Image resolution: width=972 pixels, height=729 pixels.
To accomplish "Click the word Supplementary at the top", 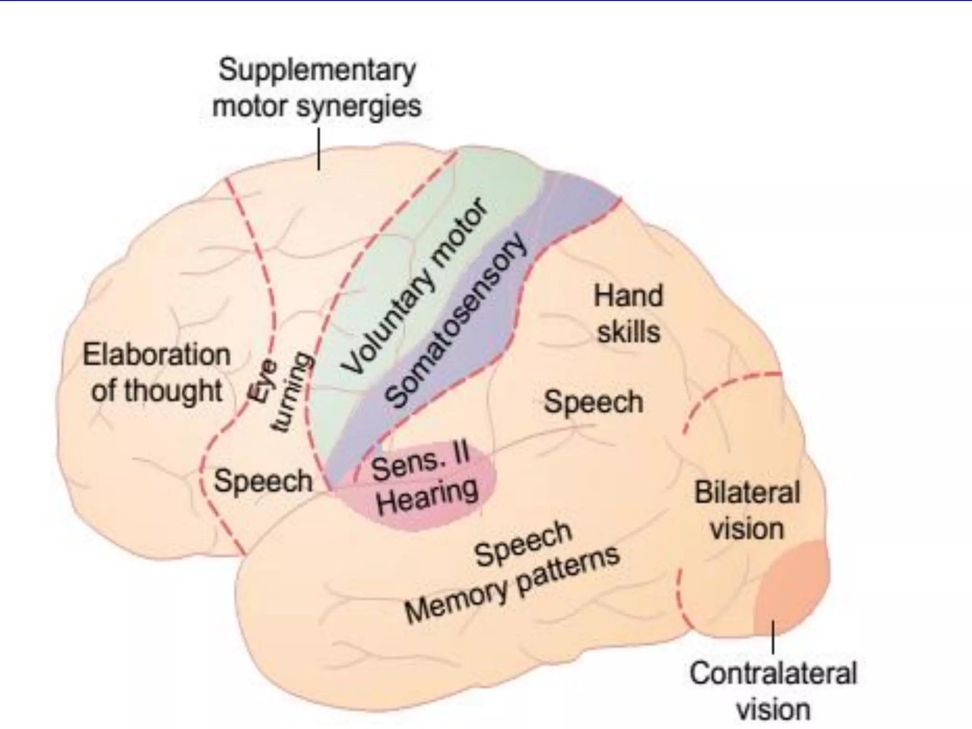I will pyautogui.click(x=317, y=71).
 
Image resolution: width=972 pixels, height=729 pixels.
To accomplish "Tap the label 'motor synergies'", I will pyautogui.click(x=317, y=107).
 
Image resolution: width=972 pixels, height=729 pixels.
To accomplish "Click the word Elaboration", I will pyautogui.click(x=157, y=355).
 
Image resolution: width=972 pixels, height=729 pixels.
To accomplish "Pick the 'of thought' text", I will pyautogui.click(x=157, y=391).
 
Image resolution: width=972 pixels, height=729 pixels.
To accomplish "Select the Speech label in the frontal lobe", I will pyautogui.click(x=263, y=481).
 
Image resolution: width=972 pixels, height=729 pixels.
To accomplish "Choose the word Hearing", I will pyautogui.click(x=427, y=496).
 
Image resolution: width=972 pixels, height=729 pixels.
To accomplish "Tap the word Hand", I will pyautogui.click(x=628, y=296).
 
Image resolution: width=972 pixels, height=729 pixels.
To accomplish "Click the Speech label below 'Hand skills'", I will pyautogui.click(x=593, y=402).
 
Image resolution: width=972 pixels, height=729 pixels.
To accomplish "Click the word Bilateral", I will pyautogui.click(x=748, y=492).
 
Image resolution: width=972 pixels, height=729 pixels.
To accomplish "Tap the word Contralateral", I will pyautogui.click(x=773, y=673).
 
